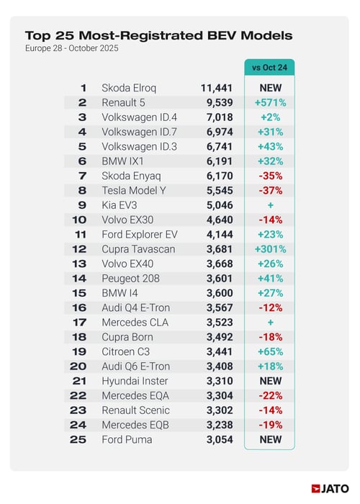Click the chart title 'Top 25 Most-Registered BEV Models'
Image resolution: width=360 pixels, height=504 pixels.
pyautogui.click(x=158, y=35)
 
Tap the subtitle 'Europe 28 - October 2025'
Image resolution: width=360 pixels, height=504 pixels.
pyautogui.click(x=72, y=48)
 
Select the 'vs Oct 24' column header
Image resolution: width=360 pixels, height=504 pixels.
pyautogui.click(x=269, y=68)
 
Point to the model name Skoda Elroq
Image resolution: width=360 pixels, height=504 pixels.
pyautogui.click(x=130, y=88)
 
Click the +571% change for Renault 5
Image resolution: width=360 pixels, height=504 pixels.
pyautogui.click(x=269, y=102)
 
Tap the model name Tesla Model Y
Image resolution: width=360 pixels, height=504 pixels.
pyautogui.click(x=135, y=191)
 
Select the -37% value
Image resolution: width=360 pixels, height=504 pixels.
pyautogui.click(x=269, y=191)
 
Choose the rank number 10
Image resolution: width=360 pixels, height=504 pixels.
pyautogui.click(x=82, y=220)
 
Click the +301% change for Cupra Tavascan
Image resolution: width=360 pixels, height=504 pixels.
pyautogui.click(x=269, y=249)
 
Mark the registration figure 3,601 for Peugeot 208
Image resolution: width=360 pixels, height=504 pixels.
pyautogui.click(x=220, y=279)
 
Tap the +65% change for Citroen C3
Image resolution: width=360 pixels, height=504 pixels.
pyautogui.click(x=269, y=352)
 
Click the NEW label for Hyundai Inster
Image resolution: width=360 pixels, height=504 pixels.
pyautogui.click(x=269, y=381)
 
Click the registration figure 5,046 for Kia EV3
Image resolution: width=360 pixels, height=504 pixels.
pyautogui.click(x=220, y=205)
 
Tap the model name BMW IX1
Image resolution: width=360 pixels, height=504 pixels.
pyautogui.click(x=125, y=161)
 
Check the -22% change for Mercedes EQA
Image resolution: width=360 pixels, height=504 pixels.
pyautogui.click(x=269, y=396)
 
